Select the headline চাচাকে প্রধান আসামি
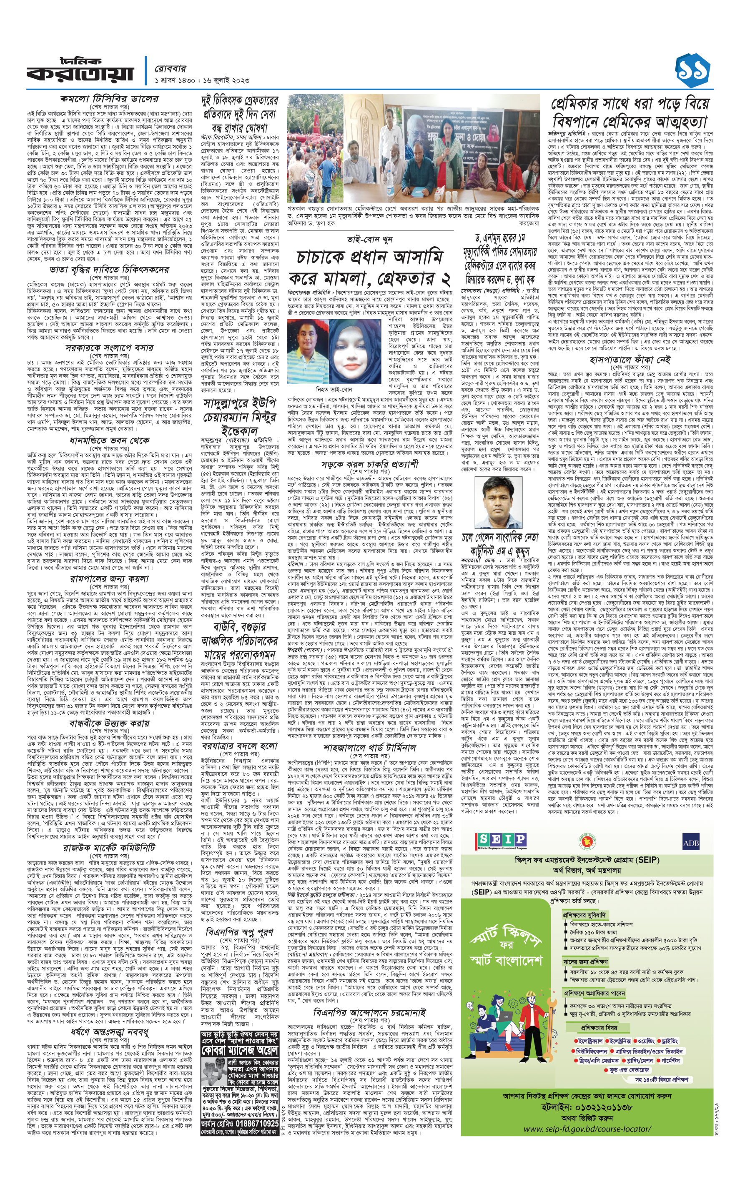[x=370, y=257]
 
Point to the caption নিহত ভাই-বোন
[x=334, y=390]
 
